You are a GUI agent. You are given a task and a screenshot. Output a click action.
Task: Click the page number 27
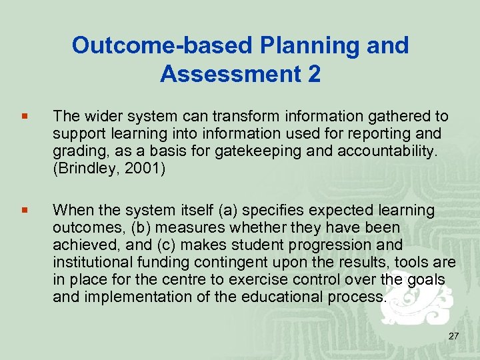click(x=453, y=335)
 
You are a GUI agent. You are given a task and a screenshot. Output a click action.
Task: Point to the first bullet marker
click(x=25, y=117)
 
